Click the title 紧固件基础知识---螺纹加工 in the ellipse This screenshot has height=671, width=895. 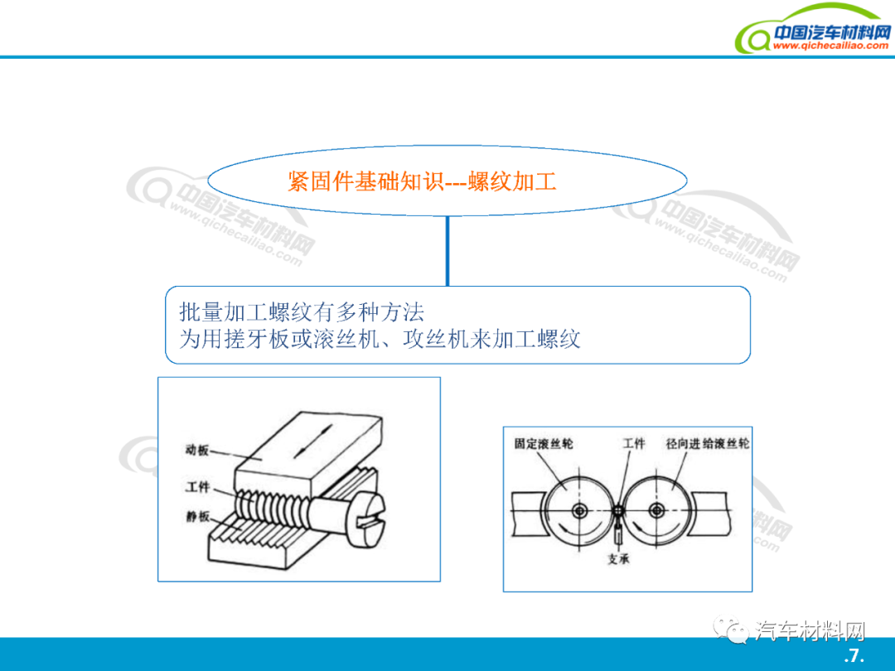click(422, 181)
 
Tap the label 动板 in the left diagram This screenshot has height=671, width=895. click(197, 450)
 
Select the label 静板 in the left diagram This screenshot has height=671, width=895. click(197, 517)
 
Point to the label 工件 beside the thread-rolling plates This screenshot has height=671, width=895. click(197, 487)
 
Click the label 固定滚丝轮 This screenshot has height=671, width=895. click(544, 443)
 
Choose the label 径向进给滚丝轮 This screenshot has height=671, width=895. click(707, 443)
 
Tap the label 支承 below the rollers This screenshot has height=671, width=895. click(618, 558)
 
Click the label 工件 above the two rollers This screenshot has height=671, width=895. click(634, 443)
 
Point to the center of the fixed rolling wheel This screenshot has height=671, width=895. click(580, 510)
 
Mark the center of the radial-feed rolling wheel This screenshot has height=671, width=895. click(657, 510)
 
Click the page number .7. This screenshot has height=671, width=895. click(854, 655)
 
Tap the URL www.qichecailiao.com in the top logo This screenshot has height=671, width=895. click(830, 45)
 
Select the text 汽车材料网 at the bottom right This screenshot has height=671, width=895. click(810, 631)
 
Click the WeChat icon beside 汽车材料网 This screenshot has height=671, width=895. click(731, 630)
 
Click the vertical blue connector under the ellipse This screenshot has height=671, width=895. click(447, 251)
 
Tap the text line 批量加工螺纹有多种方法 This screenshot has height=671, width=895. click(302, 312)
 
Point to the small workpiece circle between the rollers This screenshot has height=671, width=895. click(619, 510)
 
